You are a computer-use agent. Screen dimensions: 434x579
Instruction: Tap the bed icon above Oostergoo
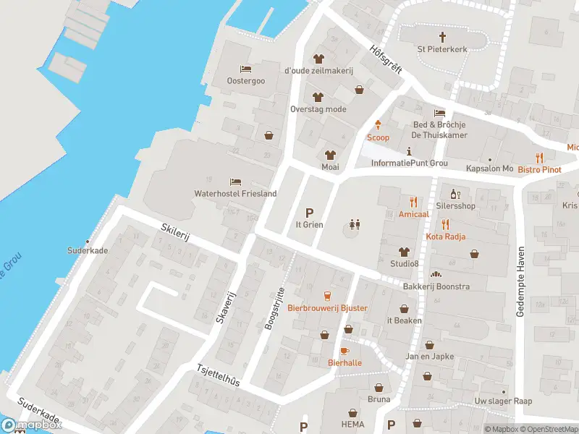click(246, 69)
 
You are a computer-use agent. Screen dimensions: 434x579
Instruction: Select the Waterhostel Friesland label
click(236, 194)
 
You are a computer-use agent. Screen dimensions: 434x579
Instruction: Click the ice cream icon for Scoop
click(378, 125)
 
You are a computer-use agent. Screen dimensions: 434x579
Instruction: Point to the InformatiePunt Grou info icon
click(410, 151)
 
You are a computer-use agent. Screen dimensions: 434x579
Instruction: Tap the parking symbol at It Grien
click(310, 213)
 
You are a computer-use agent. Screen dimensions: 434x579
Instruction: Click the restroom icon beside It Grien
click(354, 224)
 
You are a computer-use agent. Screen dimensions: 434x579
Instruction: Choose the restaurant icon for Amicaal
click(414, 203)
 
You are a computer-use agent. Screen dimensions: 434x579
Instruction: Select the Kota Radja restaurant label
click(445, 237)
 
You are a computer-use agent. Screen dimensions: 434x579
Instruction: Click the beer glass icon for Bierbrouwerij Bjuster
click(327, 296)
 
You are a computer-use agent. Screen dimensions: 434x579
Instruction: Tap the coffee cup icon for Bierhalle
click(345, 350)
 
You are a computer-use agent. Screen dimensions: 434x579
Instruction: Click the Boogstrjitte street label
click(273, 307)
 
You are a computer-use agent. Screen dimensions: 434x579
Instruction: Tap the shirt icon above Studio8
click(405, 252)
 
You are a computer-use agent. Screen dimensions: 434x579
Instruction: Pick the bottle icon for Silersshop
click(455, 194)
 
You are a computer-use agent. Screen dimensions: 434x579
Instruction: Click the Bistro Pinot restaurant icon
click(539, 158)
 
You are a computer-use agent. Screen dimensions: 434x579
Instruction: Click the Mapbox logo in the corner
click(30, 425)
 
